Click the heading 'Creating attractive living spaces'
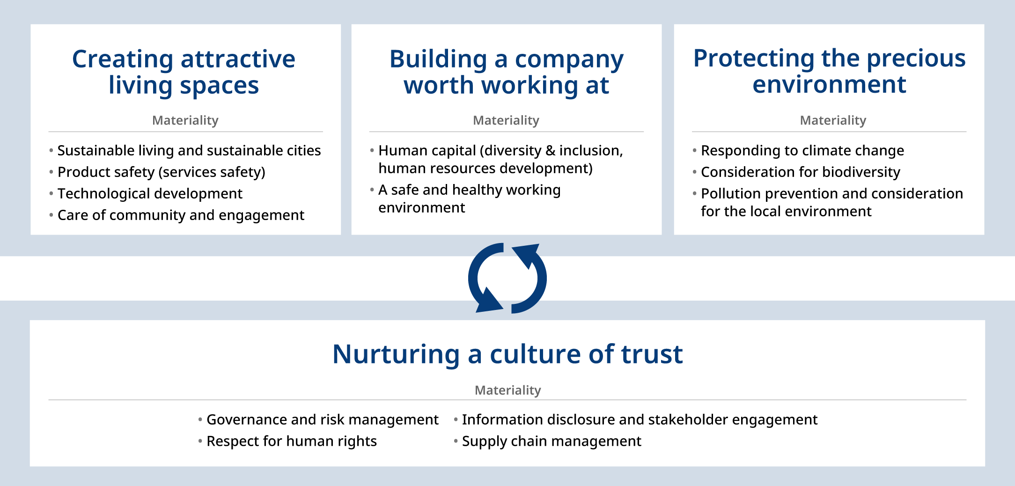coord(184,72)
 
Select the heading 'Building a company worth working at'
coord(507,72)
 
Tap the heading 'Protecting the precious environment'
coord(829,71)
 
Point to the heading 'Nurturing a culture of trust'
coord(507,354)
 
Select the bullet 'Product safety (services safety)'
coord(161,172)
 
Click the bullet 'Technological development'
coord(150,193)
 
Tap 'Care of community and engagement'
coord(181,215)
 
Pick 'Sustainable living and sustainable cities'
coord(189,150)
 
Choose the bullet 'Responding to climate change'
coord(802,150)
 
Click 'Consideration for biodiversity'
coord(801,172)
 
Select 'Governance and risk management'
coord(323,420)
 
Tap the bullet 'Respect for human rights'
coord(292,441)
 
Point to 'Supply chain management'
coord(552,441)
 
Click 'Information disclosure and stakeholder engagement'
coord(640,420)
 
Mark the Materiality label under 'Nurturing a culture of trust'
coord(507,390)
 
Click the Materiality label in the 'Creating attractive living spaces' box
coord(185,120)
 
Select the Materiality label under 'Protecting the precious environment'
coord(833,120)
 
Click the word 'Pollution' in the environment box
coord(731,193)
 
